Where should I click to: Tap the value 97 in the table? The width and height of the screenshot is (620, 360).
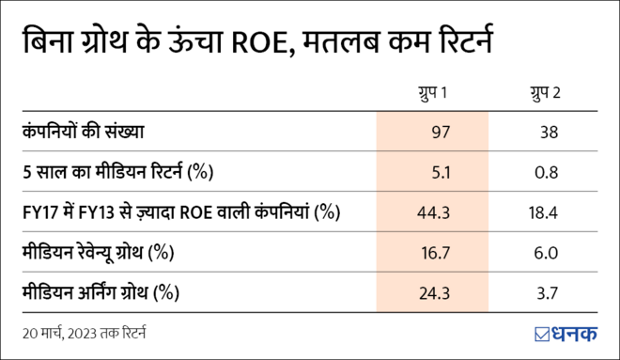coord(439,133)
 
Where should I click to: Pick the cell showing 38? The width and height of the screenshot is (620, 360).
coord(550,133)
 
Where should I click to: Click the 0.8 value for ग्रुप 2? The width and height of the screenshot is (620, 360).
coord(548,172)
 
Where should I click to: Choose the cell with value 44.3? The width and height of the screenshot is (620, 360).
coord(435,212)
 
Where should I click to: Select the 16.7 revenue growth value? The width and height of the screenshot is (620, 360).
coord(435,253)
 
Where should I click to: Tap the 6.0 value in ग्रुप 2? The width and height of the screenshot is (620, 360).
coord(548,253)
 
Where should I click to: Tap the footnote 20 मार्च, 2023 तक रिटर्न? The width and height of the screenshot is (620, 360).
coord(85,333)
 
